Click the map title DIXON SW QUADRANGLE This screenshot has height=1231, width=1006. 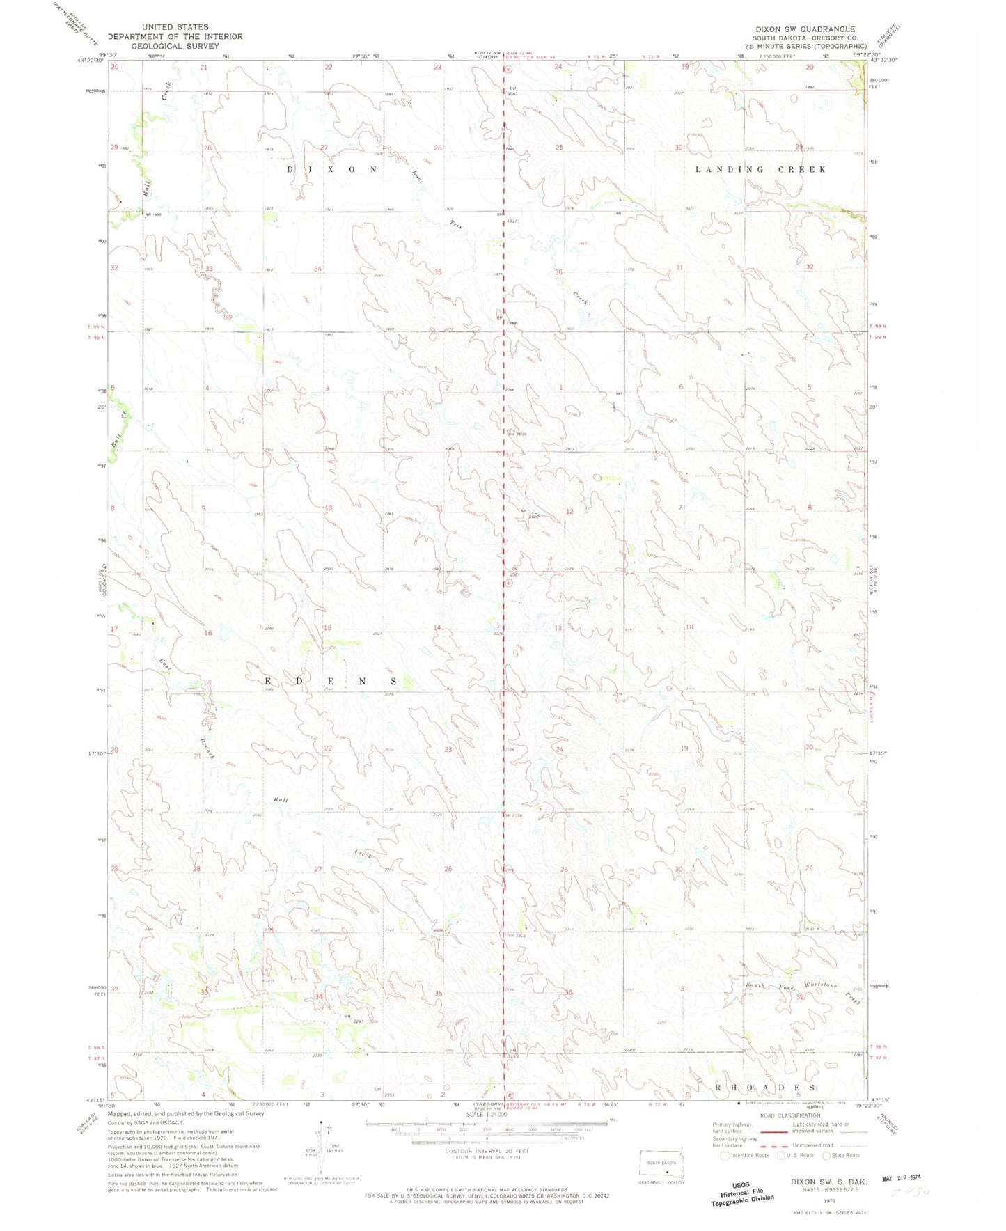click(x=805, y=29)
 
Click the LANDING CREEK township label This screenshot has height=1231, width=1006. click(x=761, y=169)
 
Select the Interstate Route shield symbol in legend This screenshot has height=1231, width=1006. click(x=725, y=1156)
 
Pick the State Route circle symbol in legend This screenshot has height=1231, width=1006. click(x=826, y=1156)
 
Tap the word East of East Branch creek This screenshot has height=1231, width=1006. click(x=164, y=665)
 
